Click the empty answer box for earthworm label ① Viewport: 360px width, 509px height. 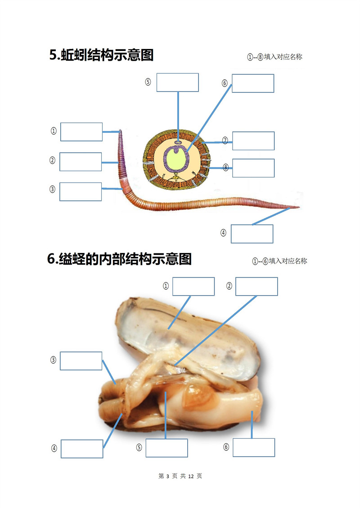pos(81,132)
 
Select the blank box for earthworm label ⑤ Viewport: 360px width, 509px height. pos(178,82)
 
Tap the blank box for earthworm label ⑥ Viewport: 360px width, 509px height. pos(253,83)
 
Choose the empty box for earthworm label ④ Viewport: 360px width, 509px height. pos(252,234)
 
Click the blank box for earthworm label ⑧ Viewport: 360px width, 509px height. pos(253,168)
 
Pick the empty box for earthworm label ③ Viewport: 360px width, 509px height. pos(81,192)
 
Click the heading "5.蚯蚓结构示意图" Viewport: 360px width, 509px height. pos(101,55)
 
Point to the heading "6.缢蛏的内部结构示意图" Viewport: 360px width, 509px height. pos(119,259)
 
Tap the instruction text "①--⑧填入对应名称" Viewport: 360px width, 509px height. pos(274,57)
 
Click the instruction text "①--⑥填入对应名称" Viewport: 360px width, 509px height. pos(279,261)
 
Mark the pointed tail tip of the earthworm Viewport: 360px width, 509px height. pos(299,207)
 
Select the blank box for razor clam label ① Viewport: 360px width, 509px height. pos(193,286)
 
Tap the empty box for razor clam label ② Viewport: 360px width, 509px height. pos(256,286)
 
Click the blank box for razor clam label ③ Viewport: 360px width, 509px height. pos(81,360)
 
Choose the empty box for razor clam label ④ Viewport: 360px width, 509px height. pos(82,449)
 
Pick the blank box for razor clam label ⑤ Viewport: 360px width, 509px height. pos(166,448)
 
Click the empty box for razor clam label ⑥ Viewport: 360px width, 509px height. pos(254,447)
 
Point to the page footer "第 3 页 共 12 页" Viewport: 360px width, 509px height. pos(180,476)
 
